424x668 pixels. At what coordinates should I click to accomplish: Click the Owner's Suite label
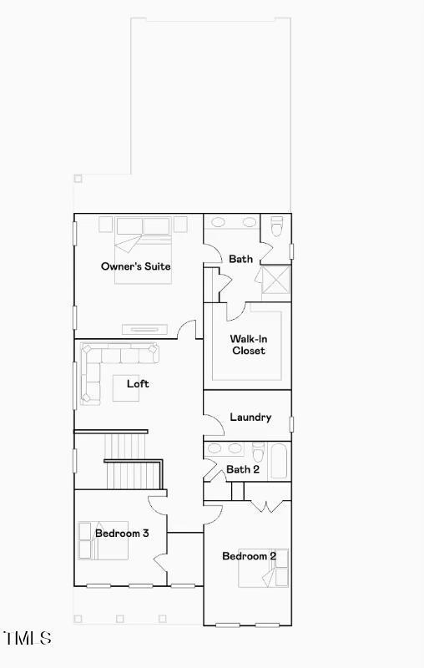[136, 266]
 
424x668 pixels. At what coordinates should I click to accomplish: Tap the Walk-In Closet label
[249, 345]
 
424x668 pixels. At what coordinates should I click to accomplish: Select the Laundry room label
[250, 417]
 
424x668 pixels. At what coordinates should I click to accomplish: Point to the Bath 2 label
[243, 469]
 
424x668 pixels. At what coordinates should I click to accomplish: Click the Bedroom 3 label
[122, 533]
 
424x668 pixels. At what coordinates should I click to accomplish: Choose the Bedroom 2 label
[249, 556]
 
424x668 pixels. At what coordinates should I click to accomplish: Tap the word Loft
[138, 384]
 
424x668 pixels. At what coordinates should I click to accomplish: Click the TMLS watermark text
[28, 638]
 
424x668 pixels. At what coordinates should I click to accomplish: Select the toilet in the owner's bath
[277, 225]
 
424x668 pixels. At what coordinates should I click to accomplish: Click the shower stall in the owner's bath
[276, 280]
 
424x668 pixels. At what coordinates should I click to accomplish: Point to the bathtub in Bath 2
[280, 461]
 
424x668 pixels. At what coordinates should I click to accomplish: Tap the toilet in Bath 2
[258, 452]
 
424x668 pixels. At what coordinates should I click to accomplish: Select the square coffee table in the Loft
[125, 387]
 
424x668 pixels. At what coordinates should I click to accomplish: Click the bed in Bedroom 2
[263, 568]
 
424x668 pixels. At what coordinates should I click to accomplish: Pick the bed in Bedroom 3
[103, 540]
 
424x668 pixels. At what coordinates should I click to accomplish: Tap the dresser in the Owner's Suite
[144, 329]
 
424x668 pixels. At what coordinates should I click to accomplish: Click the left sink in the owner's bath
[219, 222]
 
